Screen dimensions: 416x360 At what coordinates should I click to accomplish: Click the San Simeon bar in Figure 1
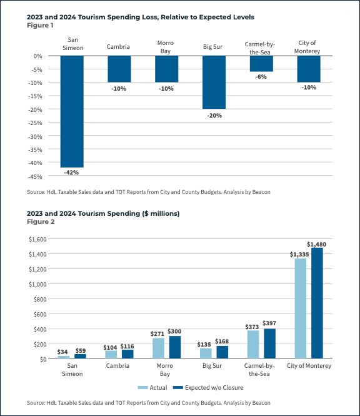click(71, 111)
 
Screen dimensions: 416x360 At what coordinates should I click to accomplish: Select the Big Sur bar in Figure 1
click(214, 82)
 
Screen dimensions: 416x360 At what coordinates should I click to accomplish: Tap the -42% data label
click(71, 172)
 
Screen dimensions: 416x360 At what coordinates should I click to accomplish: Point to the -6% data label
click(261, 76)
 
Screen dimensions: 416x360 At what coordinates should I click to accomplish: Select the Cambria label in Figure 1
click(119, 47)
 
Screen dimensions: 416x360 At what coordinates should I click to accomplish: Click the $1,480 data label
click(316, 243)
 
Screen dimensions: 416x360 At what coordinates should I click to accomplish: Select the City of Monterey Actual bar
click(301, 308)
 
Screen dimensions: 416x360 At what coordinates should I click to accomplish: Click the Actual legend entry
click(155, 387)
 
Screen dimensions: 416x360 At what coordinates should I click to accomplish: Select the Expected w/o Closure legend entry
click(207, 387)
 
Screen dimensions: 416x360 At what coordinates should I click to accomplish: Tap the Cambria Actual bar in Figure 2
click(111, 354)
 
